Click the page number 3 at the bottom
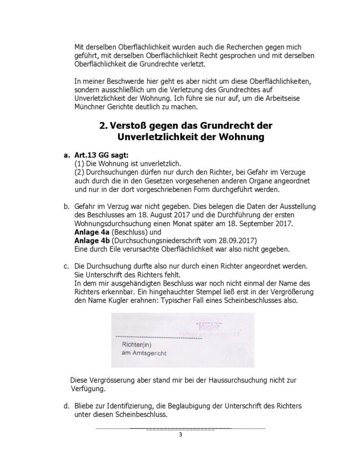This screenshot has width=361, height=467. point(180,435)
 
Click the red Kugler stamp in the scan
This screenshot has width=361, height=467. point(209,326)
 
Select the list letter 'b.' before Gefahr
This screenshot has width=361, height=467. point(66,208)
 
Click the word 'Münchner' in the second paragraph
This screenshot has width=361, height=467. point(91,107)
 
